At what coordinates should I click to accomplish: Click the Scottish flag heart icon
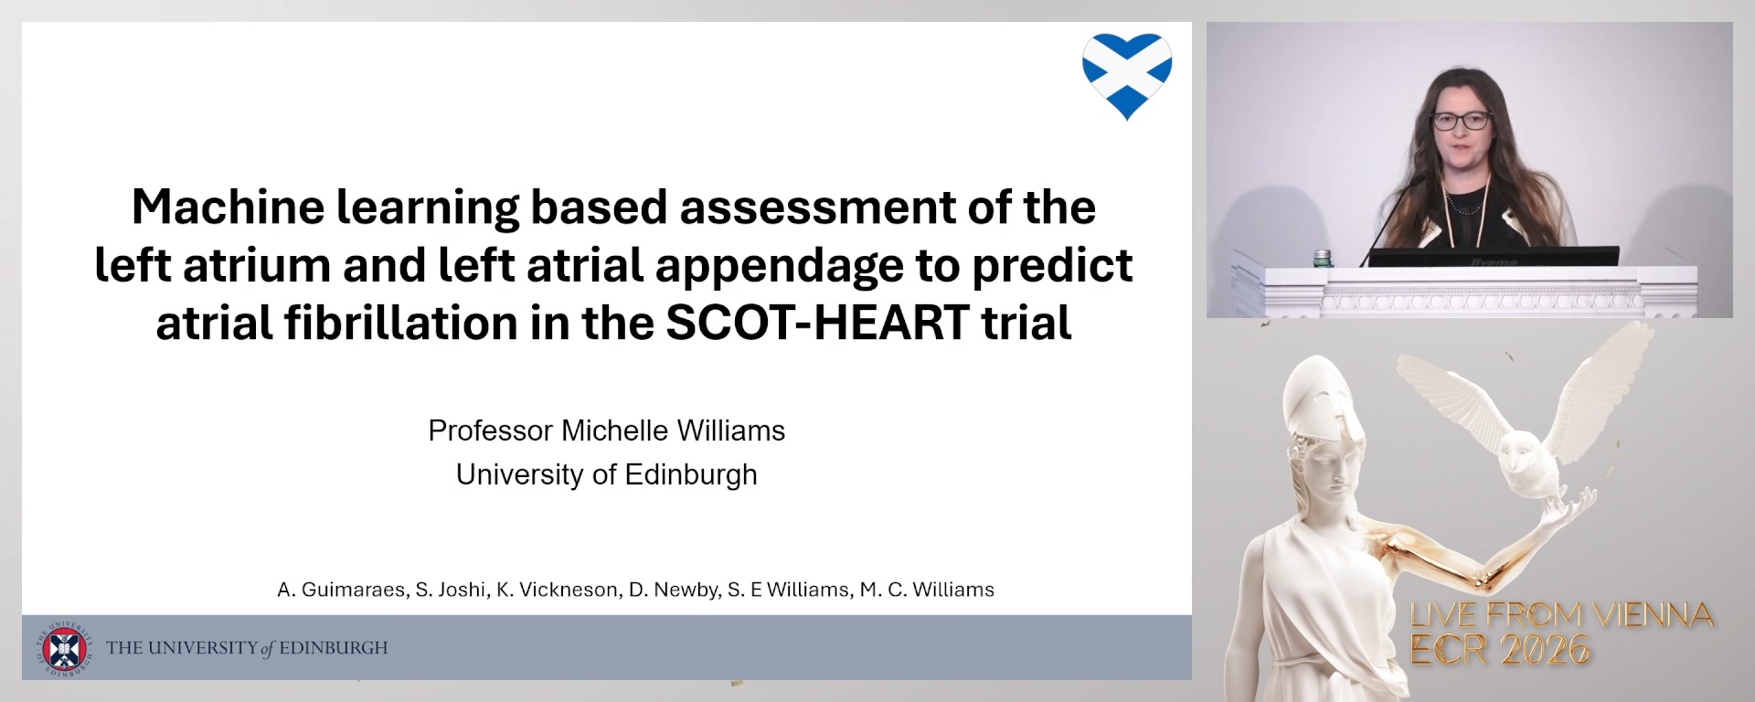(1127, 74)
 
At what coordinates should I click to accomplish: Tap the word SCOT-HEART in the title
(817, 323)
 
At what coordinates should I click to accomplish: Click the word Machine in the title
(228, 207)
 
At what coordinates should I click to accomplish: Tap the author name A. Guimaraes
(342, 590)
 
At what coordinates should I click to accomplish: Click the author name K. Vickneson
(557, 590)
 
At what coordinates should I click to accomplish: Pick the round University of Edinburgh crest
(64, 649)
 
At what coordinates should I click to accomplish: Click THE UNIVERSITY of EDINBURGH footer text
(247, 648)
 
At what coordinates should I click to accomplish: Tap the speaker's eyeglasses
(1461, 120)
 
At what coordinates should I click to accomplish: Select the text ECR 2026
(1500, 650)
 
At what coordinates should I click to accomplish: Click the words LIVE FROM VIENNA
(1561, 615)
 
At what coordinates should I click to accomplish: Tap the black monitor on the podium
(1493, 257)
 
